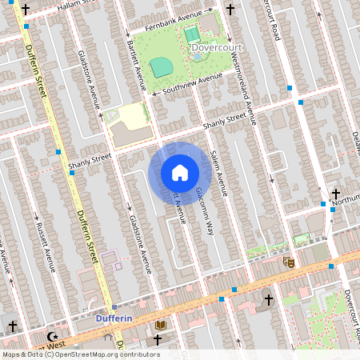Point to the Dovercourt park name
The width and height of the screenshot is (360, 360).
pyautogui.click(x=216, y=47)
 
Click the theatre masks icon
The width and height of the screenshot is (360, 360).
pyautogui.click(x=289, y=261)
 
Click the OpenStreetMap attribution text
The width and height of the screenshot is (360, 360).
pyautogui.click(x=81, y=354)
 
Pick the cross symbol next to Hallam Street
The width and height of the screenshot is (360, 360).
pyautogui.click(x=26, y=10)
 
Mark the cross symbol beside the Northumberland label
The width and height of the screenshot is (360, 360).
pyautogui.click(x=336, y=194)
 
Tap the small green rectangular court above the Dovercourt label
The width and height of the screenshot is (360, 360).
pyautogui.click(x=192, y=34)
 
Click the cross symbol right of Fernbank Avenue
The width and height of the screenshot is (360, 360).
pyautogui.click(x=230, y=10)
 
